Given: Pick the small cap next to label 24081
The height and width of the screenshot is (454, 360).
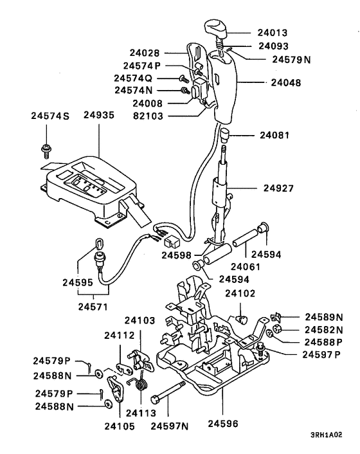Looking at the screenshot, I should coord(225,135).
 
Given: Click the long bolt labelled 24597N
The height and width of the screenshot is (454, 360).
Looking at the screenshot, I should coord(169,392).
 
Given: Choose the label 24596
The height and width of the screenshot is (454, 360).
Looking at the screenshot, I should coord(222,425).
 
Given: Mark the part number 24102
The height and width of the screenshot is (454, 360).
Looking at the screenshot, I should coord(240,293).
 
